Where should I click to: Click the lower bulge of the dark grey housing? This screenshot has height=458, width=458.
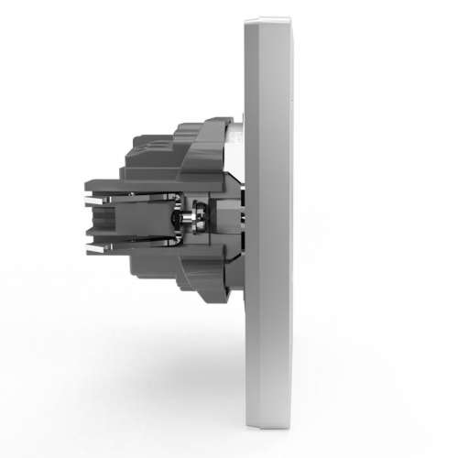click(206, 275)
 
